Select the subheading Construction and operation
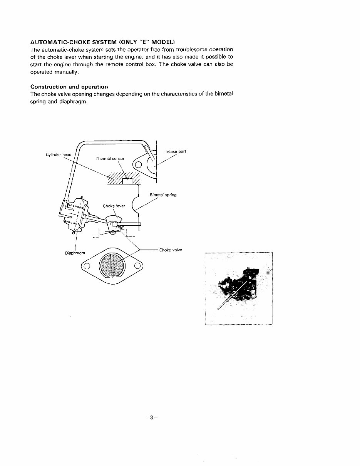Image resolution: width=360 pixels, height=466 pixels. (69, 87)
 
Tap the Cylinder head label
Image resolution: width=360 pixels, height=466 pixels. (58, 154)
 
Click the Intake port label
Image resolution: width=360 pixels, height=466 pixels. (176, 151)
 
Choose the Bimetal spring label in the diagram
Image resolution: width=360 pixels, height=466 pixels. (163, 195)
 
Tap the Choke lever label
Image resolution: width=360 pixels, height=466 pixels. (114, 206)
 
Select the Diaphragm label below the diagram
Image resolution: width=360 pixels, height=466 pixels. (75, 253)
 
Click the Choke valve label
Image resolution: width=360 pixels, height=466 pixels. (171, 250)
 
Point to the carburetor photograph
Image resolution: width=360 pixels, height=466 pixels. (239, 288)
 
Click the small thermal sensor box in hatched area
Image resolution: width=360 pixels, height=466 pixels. (127, 181)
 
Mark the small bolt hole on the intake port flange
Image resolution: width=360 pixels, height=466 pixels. (139, 165)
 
